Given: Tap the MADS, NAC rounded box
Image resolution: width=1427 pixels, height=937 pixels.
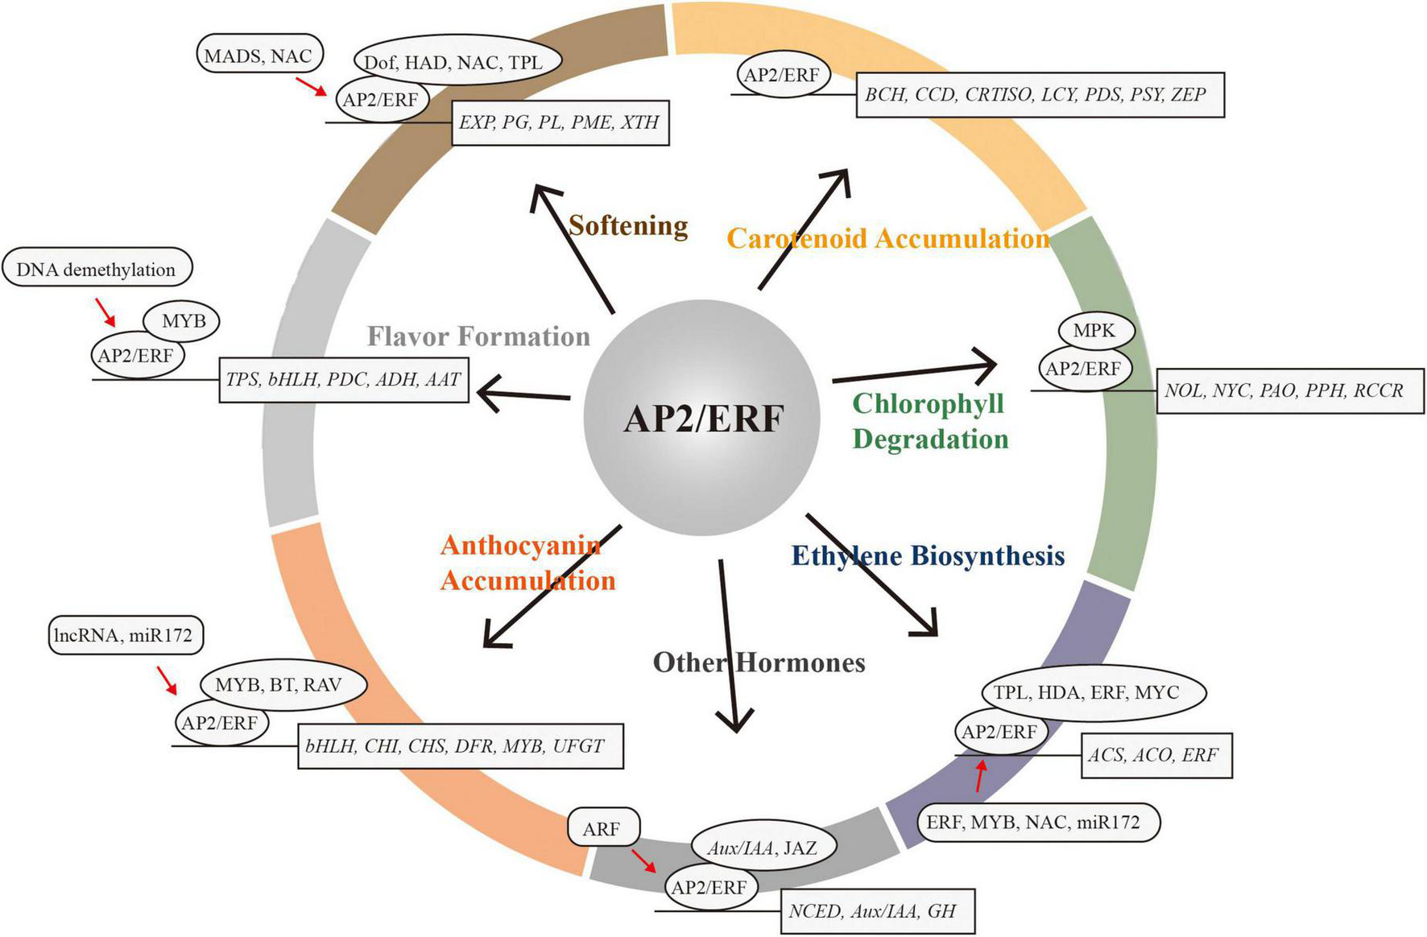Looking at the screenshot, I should pos(258,56).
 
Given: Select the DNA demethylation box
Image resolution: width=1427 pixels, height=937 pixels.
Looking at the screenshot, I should pos(97,269).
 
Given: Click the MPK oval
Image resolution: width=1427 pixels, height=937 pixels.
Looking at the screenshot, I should pos(1094,330).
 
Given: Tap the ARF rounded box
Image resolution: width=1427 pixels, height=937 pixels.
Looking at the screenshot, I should pos(602,828).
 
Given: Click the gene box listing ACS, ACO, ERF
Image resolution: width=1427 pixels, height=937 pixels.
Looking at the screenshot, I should pos(1156,755).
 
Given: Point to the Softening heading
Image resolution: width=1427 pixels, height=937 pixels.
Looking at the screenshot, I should pos(628,225).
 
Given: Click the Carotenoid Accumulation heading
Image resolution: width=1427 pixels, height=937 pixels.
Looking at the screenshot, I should pos(887,238).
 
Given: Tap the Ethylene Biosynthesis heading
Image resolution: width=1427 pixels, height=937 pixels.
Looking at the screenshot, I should pos(928,555).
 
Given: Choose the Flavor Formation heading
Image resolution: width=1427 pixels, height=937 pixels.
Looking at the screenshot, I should pos(478,336).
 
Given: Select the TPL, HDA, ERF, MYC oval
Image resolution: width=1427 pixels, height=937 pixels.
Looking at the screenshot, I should pos(1092,691).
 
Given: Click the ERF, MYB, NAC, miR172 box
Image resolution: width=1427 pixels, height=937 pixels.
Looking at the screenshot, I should pos(1038,822).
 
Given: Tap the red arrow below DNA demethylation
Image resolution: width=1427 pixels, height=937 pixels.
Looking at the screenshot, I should pos(105,312).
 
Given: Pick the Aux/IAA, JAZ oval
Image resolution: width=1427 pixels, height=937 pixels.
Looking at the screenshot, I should pos(763,847).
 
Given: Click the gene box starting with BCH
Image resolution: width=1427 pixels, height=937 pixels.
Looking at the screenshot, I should pos(1039,95).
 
